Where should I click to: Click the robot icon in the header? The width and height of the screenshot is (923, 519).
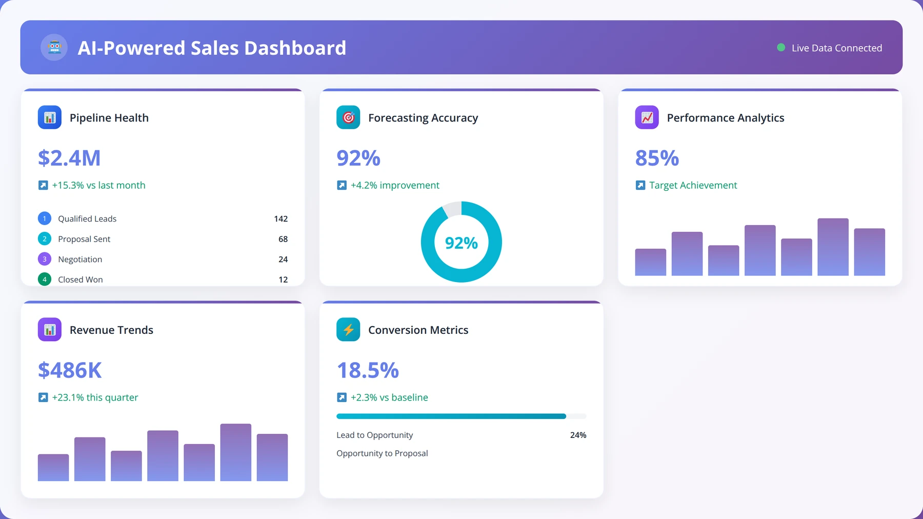pos(54,48)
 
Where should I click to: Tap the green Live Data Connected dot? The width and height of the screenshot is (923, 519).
pos(781,48)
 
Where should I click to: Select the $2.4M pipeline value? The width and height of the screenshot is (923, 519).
pos(69,158)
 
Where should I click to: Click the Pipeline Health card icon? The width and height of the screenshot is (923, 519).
pos(50,117)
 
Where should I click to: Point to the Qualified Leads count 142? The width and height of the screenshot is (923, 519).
pos(281,218)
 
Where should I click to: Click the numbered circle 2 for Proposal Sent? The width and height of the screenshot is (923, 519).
pos(45,239)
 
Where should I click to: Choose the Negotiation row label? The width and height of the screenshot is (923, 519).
pos(80,259)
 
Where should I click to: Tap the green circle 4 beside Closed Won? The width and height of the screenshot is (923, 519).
pos(45,280)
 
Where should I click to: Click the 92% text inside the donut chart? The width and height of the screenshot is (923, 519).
pos(461,243)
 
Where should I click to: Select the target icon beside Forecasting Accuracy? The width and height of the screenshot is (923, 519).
pos(348,117)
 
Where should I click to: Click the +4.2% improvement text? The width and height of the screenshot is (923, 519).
pos(395,185)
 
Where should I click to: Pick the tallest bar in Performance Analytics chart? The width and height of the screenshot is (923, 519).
pos(833,247)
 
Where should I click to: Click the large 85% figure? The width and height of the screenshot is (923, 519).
pos(657,158)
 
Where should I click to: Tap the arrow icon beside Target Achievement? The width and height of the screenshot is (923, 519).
pos(640,185)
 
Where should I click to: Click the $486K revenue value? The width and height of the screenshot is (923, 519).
pos(70,370)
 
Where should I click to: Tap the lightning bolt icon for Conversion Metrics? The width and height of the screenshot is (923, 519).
pos(348,330)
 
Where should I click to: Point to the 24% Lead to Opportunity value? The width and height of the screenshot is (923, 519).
pos(578,435)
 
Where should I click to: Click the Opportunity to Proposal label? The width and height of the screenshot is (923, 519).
pos(382,453)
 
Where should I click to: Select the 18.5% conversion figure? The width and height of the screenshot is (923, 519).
pos(368,370)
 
